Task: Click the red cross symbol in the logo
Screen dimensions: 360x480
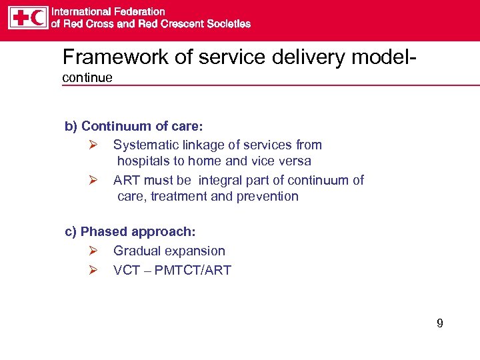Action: (x=19, y=17)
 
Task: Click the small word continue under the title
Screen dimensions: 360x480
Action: (x=87, y=78)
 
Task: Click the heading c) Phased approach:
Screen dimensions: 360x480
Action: (x=130, y=232)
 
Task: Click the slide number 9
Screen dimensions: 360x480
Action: (x=439, y=324)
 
